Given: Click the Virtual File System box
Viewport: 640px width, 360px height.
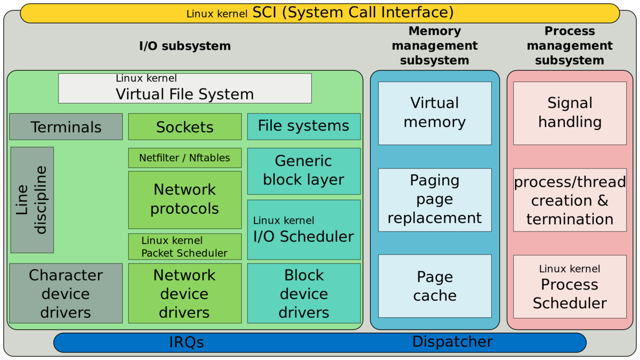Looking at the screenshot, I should pos(185,88).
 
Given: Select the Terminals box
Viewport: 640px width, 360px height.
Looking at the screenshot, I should pos(66,127).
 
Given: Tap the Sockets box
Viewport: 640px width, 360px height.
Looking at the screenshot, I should pos(185,127).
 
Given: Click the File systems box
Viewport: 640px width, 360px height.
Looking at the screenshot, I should pos(303,126).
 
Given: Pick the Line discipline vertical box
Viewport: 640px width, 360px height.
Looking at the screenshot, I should pos(32,200).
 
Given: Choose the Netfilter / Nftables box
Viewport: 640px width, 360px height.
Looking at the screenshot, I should pos(185,158).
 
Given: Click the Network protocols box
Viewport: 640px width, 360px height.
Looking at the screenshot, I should pos(185,199).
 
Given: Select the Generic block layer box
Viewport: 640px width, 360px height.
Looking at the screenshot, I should pos(303,171).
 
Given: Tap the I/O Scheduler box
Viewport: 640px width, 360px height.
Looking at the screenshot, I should pos(303,230).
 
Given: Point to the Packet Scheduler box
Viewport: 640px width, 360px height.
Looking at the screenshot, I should pos(185,247).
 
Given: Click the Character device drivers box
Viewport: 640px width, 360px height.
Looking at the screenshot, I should pos(66,293).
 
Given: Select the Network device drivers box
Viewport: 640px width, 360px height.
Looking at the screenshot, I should pos(185,293).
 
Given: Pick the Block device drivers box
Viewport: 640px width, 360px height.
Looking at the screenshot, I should pos(303,293).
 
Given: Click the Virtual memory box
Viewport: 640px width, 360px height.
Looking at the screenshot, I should pos(435,113).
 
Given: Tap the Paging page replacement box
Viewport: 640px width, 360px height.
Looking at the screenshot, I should pos(435,199).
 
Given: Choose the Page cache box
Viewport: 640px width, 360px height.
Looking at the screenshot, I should pos(435,286).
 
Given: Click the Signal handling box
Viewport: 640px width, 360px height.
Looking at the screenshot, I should pos(570,113).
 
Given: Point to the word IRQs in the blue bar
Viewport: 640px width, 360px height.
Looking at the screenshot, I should pos(187,342).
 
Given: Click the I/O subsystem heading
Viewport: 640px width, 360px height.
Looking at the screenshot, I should pos(185,46).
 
